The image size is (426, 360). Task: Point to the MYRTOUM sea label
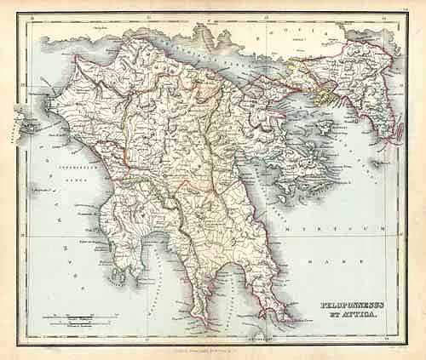(x=341, y=230)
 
